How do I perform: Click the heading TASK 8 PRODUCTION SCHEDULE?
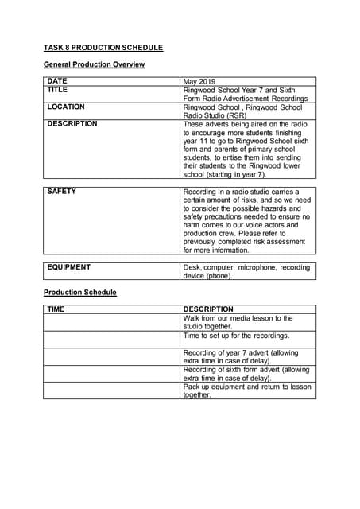coord(103,48)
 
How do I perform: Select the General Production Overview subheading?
coord(94,64)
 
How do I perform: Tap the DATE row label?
coord(57,81)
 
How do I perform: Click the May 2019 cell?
coord(199,81)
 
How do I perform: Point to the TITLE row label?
coord(58,90)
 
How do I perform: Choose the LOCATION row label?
coord(66,107)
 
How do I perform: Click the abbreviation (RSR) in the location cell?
coord(237,115)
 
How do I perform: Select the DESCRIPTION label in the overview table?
coord(72,124)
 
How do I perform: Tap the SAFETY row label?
coord(61,192)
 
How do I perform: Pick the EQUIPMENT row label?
coord(69,267)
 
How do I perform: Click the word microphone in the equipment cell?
coord(254,267)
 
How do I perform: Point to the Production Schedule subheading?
coord(79,293)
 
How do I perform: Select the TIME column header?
coord(56,309)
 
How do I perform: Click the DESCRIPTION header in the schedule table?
coord(208,309)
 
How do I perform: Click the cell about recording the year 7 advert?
coord(246,356)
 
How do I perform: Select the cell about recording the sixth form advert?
coord(246,374)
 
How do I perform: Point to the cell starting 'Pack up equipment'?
coord(246,390)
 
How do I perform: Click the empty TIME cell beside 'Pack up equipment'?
coord(111,390)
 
